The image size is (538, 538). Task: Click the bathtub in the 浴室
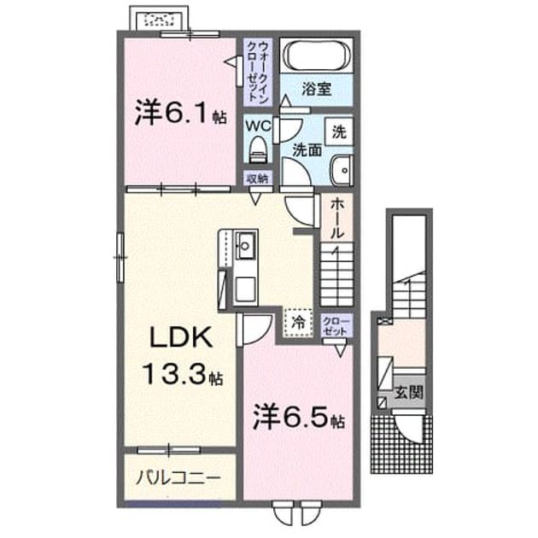tap(317, 56)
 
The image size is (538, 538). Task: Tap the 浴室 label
tap(316, 90)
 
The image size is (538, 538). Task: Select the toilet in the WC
tap(258, 149)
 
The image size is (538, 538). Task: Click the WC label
tap(259, 126)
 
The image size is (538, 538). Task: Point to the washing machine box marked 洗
tap(339, 132)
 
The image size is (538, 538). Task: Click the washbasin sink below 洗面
tap(342, 170)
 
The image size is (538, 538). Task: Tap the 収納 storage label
tap(258, 178)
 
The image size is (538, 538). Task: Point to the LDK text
tap(179, 336)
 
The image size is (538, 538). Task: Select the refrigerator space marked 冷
tap(298, 322)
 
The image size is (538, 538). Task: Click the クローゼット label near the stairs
tap(336, 326)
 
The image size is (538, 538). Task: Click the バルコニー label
tap(178, 478)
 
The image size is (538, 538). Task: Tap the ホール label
tap(336, 219)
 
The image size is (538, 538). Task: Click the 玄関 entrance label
tap(408, 392)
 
